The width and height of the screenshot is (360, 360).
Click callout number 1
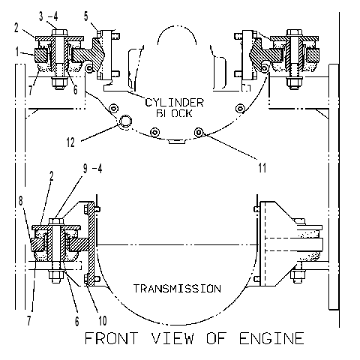click(x=17, y=52)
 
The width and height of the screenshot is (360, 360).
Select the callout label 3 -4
click(x=49, y=16)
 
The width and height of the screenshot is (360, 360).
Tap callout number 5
click(x=86, y=16)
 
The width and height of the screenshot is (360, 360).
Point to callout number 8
click(x=21, y=201)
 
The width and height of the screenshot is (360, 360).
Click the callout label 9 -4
click(x=92, y=169)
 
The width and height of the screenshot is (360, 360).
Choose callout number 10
click(x=103, y=320)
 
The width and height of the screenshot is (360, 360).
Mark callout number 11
click(x=262, y=168)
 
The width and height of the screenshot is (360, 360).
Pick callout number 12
click(x=70, y=142)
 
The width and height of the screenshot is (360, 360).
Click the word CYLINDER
click(x=175, y=103)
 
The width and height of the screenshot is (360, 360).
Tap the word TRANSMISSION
click(x=177, y=289)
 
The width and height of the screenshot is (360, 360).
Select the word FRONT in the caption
click(x=112, y=338)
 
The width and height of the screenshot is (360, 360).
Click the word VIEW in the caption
click(x=172, y=338)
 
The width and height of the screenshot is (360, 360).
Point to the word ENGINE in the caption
click(x=271, y=338)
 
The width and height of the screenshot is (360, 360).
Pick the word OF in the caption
click(x=217, y=338)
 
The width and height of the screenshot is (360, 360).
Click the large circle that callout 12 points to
click(x=125, y=121)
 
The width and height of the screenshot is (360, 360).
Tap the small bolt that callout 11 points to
click(x=199, y=132)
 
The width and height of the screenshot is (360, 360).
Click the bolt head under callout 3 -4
click(x=59, y=32)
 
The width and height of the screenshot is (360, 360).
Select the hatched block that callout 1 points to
click(x=40, y=55)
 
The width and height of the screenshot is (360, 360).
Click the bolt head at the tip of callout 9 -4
click(x=56, y=221)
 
